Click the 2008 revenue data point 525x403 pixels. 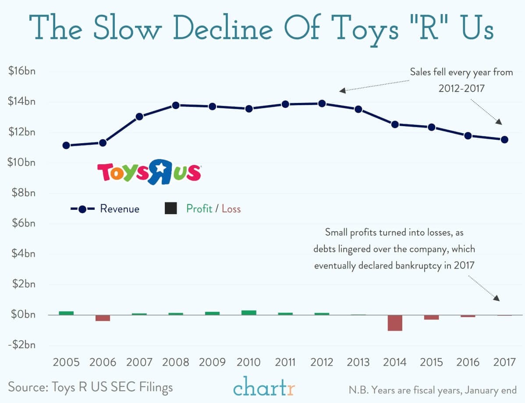(x=176, y=105)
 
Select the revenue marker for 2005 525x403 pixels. (x=66, y=145)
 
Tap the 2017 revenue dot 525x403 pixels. (x=504, y=139)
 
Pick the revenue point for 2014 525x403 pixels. (x=395, y=124)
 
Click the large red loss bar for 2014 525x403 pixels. (x=395, y=323)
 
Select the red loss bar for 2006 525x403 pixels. (x=103, y=318)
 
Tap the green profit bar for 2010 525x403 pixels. (x=249, y=313)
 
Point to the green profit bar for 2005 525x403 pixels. (x=66, y=313)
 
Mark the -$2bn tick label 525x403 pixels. (x=21, y=345)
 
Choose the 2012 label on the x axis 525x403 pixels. (x=321, y=363)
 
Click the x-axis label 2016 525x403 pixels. (x=468, y=363)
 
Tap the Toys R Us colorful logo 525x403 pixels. (x=149, y=172)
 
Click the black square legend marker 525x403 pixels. (x=171, y=209)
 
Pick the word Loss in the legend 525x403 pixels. (x=231, y=209)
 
